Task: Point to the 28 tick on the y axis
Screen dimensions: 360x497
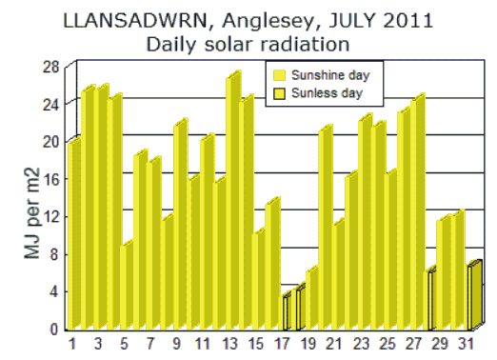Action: [x=50, y=65]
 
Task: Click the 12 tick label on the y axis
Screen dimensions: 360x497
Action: [x=50, y=216]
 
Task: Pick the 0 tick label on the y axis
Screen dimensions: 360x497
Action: [x=54, y=330]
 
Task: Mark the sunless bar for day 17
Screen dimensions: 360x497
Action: [x=285, y=312]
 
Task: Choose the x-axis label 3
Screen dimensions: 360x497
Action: [x=98, y=344]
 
